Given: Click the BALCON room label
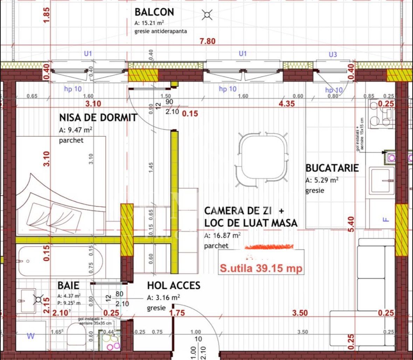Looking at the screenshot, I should pyautogui.click(x=154, y=12).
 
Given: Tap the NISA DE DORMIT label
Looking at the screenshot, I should pyautogui.click(x=98, y=117).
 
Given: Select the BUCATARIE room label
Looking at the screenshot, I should pyautogui.click(x=332, y=168).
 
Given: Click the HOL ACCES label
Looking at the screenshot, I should pyautogui.click(x=173, y=285).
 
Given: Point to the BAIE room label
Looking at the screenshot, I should pyautogui.click(x=69, y=285).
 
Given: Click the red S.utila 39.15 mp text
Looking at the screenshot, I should pyautogui.click(x=261, y=269).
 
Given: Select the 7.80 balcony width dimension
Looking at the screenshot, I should pyautogui.click(x=207, y=41).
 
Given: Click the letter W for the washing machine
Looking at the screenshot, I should pyautogui.click(x=31, y=336).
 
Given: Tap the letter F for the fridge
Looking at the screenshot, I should pyautogui.click(x=386, y=220).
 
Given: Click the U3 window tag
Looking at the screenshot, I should pyautogui.click(x=333, y=55).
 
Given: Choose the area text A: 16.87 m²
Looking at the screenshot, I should pyautogui.click(x=222, y=236).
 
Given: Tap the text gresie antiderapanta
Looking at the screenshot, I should pyautogui.click(x=160, y=31).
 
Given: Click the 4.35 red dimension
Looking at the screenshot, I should pyautogui.click(x=287, y=104).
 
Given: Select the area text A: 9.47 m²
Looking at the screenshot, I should pyautogui.click(x=76, y=131).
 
